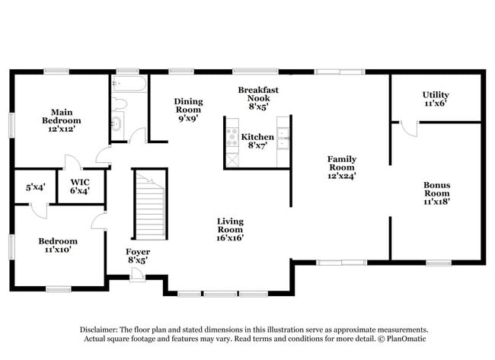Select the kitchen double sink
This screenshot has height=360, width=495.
(x=283, y=137)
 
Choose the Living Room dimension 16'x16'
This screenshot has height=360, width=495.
(x=230, y=237)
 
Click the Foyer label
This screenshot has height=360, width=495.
(x=138, y=252)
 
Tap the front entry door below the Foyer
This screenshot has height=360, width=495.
(x=137, y=275)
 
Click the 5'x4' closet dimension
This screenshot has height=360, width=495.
(x=35, y=186)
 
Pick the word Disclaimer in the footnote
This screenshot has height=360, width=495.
(x=101, y=329)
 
